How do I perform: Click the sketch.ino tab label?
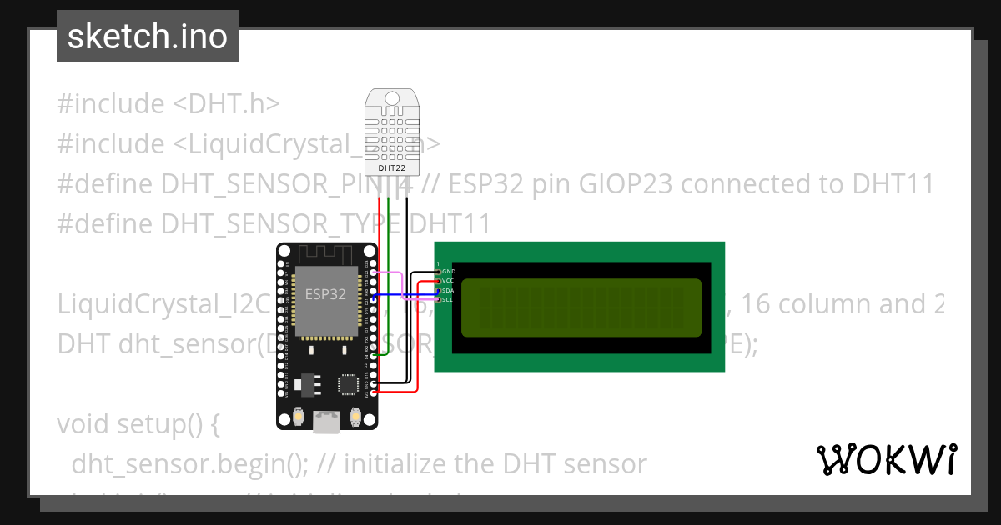[147, 37]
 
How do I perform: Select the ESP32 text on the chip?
[324, 294]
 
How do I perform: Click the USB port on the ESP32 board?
[326, 423]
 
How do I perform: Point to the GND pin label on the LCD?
[449, 272]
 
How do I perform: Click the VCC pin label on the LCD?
[448, 281]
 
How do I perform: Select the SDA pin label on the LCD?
[448, 290]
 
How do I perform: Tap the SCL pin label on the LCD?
[448, 299]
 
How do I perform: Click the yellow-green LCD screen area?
[581, 307]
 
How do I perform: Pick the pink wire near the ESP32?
[392, 272]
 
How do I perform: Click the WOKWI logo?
[886, 460]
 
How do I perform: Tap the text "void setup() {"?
[138, 424]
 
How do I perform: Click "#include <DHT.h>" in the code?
[168, 104]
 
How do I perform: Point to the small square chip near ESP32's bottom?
[348, 384]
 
